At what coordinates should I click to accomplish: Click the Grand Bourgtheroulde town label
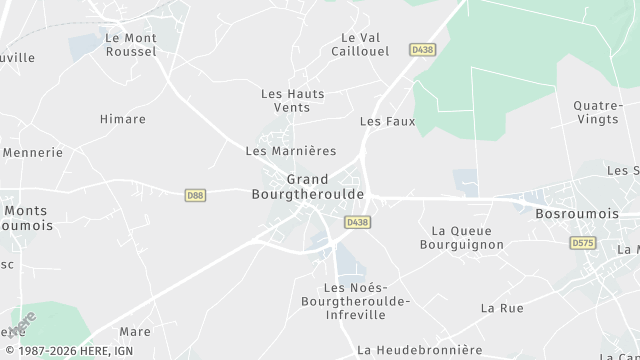[308, 187]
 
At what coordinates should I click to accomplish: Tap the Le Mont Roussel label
[131, 44]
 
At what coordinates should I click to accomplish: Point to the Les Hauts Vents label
[293, 100]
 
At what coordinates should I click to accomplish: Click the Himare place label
[123, 119]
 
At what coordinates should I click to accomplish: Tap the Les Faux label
[387, 121]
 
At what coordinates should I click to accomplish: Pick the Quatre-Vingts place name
[599, 112]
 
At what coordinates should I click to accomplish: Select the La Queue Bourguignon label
[462, 237]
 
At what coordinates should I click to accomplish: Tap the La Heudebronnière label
[420, 350]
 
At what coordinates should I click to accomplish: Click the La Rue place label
[502, 308]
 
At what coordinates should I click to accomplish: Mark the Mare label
[135, 331]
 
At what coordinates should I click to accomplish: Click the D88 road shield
[196, 195]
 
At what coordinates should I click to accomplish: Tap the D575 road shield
[582, 243]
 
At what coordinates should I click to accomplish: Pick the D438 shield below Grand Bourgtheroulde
[357, 221]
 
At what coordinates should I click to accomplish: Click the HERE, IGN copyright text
[67, 351]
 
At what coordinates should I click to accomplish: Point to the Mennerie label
[33, 153]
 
